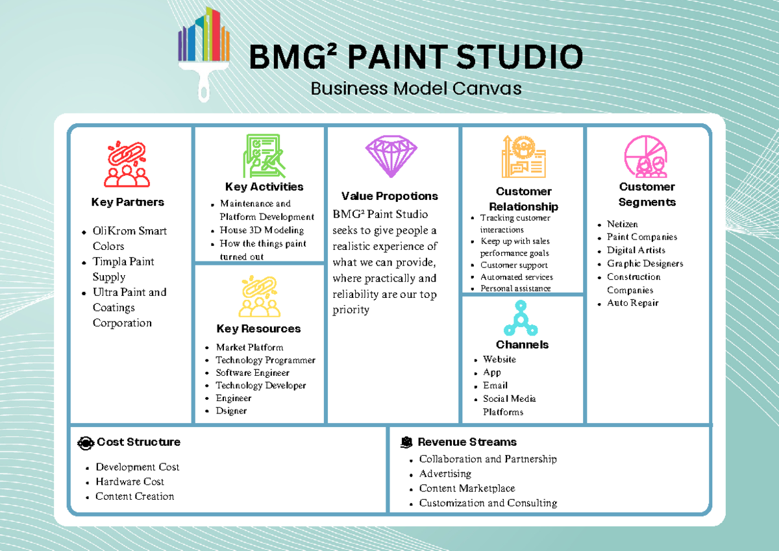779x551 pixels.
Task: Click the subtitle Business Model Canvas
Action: tap(415, 88)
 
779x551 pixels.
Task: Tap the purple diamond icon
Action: tap(391, 156)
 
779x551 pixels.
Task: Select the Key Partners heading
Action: tap(127, 202)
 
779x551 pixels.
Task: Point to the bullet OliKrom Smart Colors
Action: tap(129, 238)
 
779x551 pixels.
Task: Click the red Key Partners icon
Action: tap(127, 165)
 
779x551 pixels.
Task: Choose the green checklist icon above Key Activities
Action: tap(264, 156)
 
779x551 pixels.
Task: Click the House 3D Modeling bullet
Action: tap(261, 230)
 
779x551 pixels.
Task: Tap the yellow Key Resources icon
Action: tap(258, 297)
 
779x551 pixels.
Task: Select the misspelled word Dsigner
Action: tap(231, 411)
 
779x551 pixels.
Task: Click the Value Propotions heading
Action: tap(389, 196)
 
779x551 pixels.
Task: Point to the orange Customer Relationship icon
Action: tap(523, 156)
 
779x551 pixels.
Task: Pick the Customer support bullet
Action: tap(513, 265)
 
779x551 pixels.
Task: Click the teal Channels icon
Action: tap(522, 317)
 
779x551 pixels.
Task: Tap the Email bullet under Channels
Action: tap(495, 385)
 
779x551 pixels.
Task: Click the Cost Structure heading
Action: tap(138, 442)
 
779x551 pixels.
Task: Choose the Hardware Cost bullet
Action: tap(129, 482)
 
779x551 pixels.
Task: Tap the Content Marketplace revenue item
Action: tap(467, 488)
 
